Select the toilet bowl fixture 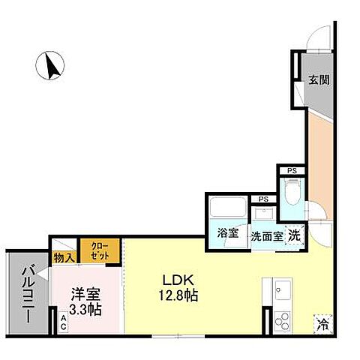click(293, 193)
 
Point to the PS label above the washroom click(262, 199)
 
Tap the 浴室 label click(228, 233)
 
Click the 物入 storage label click(64, 258)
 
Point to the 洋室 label click(82, 295)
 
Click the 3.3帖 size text click(82, 309)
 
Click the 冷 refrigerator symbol click(322, 325)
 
